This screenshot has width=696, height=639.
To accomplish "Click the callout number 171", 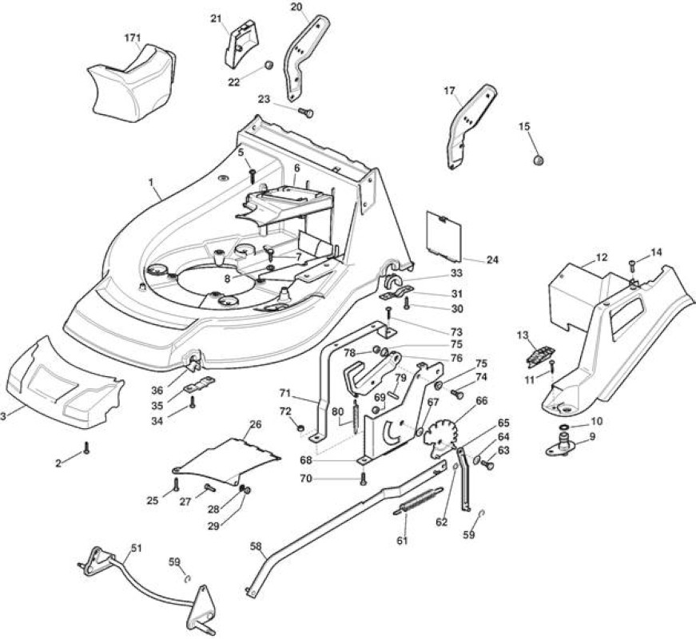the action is click(133, 38).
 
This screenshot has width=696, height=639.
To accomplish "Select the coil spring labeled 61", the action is click(418, 501).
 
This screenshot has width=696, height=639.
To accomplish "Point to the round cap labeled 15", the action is click(539, 159).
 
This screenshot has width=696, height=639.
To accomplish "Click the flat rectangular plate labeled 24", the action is click(443, 235).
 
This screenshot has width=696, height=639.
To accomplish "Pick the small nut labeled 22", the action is click(268, 65).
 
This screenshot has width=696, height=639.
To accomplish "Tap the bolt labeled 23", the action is click(306, 113).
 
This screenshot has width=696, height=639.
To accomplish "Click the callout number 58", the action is click(256, 546).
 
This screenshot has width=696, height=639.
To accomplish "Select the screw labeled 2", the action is click(86, 448).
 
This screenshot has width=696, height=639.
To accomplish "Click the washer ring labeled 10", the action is click(564, 427).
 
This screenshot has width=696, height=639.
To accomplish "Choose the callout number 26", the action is click(255, 425).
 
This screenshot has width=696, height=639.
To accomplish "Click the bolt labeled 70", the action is click(364, 478).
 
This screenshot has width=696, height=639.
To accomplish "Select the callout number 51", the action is click(136, 548).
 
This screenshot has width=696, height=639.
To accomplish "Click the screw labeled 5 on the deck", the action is click(253, 175).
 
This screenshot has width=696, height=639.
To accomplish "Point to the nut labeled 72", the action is click(300, 428).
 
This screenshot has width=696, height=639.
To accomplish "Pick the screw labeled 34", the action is click(193, 402).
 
